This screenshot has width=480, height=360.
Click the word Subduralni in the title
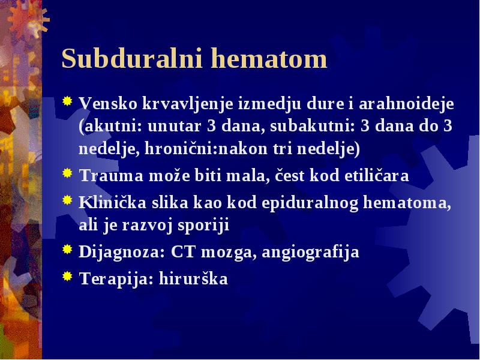point(132,58)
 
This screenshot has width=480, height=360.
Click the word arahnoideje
point(406,103)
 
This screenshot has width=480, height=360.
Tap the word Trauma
point(112,176)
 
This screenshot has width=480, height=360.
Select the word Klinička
point(112,202)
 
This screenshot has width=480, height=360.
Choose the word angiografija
point(310,252)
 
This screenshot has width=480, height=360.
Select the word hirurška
point(193,278)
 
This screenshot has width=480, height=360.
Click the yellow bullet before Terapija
point(67,276)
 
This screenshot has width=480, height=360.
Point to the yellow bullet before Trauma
point(67,173)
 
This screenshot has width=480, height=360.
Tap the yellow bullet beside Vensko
point(67,101)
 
